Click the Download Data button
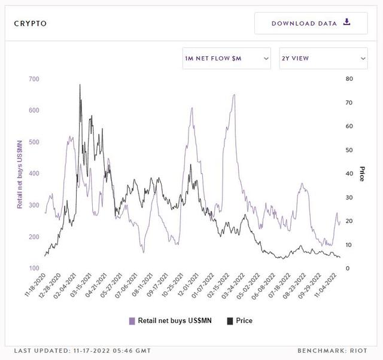click(311, 23)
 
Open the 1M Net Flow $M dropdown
click(226, 59)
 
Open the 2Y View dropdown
click(323, 59)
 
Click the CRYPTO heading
click(31, 24)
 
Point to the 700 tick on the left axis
click(34, 79)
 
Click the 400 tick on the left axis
click(34, 173)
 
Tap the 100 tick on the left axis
click(34, 269)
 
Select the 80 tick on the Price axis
click(349, 79)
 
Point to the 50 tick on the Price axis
click(349, 150)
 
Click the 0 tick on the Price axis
click(348, 269)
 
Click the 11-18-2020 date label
click(36, 285)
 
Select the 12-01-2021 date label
click(189, 285)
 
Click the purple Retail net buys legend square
click(132, 321)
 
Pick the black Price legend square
click(230, 321)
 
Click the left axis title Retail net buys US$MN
click(20, 174)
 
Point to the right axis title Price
click(362, 174)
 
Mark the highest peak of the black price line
click(80, 85)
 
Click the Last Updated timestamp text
click(83, 350)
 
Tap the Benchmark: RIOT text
click(333, 350)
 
